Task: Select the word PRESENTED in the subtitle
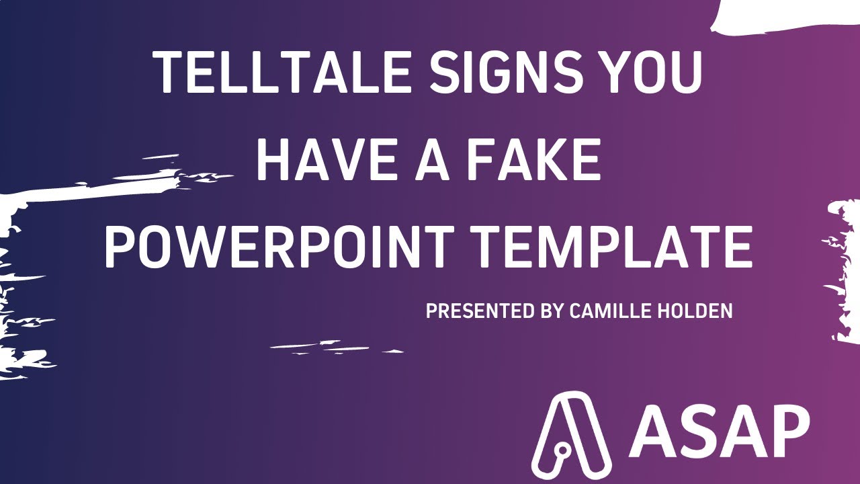481,311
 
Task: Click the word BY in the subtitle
552,311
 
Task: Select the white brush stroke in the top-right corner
786,17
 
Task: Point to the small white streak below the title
329,347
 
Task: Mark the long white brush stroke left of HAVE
101,188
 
